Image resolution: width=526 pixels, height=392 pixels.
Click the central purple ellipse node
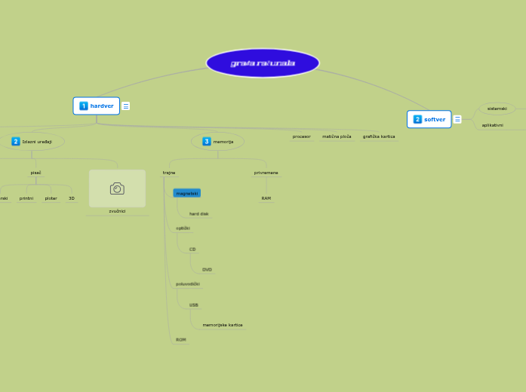tap(263, 63)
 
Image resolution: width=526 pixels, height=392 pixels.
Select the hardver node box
tap(97, 106)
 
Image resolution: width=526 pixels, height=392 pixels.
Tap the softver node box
tap(429, 119)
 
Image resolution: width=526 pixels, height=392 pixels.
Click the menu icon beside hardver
tap(126, 106)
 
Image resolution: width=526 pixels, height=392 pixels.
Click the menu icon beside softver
tap(457, 119)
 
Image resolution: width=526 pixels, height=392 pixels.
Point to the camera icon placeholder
tap(117, 188)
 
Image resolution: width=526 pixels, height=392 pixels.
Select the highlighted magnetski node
tap(186, 193)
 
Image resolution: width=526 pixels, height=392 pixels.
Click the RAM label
tap(266, 198)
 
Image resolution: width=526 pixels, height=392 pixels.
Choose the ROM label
tap(181, 340)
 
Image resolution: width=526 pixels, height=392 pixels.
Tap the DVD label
tap(207, 269)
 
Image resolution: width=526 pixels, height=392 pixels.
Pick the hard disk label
tap(199, 214)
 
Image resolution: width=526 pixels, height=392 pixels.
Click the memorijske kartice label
tap(223, 325)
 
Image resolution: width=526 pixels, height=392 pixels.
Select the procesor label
tap(302, 136)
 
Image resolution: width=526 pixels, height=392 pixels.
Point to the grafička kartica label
tap(379, 136)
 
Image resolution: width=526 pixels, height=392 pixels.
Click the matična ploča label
tap(337, 136)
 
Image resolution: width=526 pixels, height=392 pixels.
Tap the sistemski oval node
tap(497, 109)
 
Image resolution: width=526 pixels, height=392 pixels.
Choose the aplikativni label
tap(493, 125)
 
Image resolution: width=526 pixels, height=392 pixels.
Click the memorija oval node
tap(218, 141)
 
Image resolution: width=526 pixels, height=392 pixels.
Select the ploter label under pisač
tap(51, 198)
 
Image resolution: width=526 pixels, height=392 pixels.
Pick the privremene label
tap(266, 173)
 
